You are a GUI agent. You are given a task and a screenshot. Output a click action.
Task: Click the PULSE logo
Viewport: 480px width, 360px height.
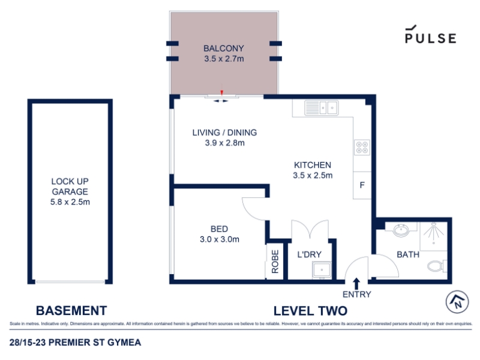coord(430,34)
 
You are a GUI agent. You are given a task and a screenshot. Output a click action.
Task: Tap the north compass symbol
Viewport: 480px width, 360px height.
coord(457,302)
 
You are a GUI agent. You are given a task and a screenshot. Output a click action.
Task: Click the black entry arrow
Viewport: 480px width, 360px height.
coord(356,283)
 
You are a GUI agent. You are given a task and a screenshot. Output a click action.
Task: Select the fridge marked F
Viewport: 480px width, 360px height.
coord(362,185)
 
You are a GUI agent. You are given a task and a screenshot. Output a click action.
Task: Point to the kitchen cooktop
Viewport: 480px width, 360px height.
coord(362,147)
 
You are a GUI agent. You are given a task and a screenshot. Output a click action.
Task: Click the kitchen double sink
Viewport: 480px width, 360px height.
coord(322,108)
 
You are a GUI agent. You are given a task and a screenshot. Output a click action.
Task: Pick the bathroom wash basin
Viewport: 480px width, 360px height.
coord(401,230)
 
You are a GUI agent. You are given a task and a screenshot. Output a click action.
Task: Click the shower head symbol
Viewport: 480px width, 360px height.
coord(433,230)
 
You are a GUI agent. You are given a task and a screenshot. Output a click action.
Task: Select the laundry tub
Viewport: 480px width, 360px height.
coord(322,271)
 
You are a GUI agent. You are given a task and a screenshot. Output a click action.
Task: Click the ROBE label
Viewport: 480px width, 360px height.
coord(275,262)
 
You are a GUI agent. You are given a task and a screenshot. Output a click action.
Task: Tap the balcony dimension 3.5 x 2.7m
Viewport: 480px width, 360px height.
coord(224,59)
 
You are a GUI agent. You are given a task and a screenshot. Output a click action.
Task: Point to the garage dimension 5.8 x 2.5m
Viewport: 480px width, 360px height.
coord(70,202)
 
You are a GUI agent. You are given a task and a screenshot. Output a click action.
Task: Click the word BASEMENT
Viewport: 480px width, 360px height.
coord(71,310)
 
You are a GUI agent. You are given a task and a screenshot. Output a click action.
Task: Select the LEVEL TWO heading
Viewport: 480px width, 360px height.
coord(310,311)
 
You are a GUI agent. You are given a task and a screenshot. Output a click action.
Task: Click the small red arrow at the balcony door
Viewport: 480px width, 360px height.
coord(222,92)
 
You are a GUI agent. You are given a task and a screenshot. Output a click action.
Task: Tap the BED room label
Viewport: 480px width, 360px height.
coord(219,229)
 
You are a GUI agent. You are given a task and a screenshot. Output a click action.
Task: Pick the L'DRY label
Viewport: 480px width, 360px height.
coord(310,254)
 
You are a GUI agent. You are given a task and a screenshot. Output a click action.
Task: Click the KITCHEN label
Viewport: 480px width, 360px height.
coord(313,165)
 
